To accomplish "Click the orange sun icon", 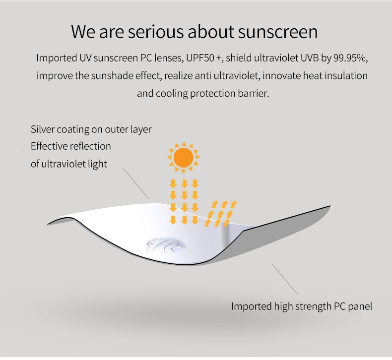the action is pos(184,157).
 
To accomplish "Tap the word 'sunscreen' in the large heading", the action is pos(278,32).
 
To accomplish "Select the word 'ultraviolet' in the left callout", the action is pos(64,164).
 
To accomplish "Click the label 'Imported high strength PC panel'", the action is pos(302,306).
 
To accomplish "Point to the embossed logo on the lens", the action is pos(166,245).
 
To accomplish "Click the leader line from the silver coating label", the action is pos(136,183).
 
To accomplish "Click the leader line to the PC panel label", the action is pos(285,279).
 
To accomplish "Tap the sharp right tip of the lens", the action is pos(330,206).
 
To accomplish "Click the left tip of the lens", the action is pos(48,224).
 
